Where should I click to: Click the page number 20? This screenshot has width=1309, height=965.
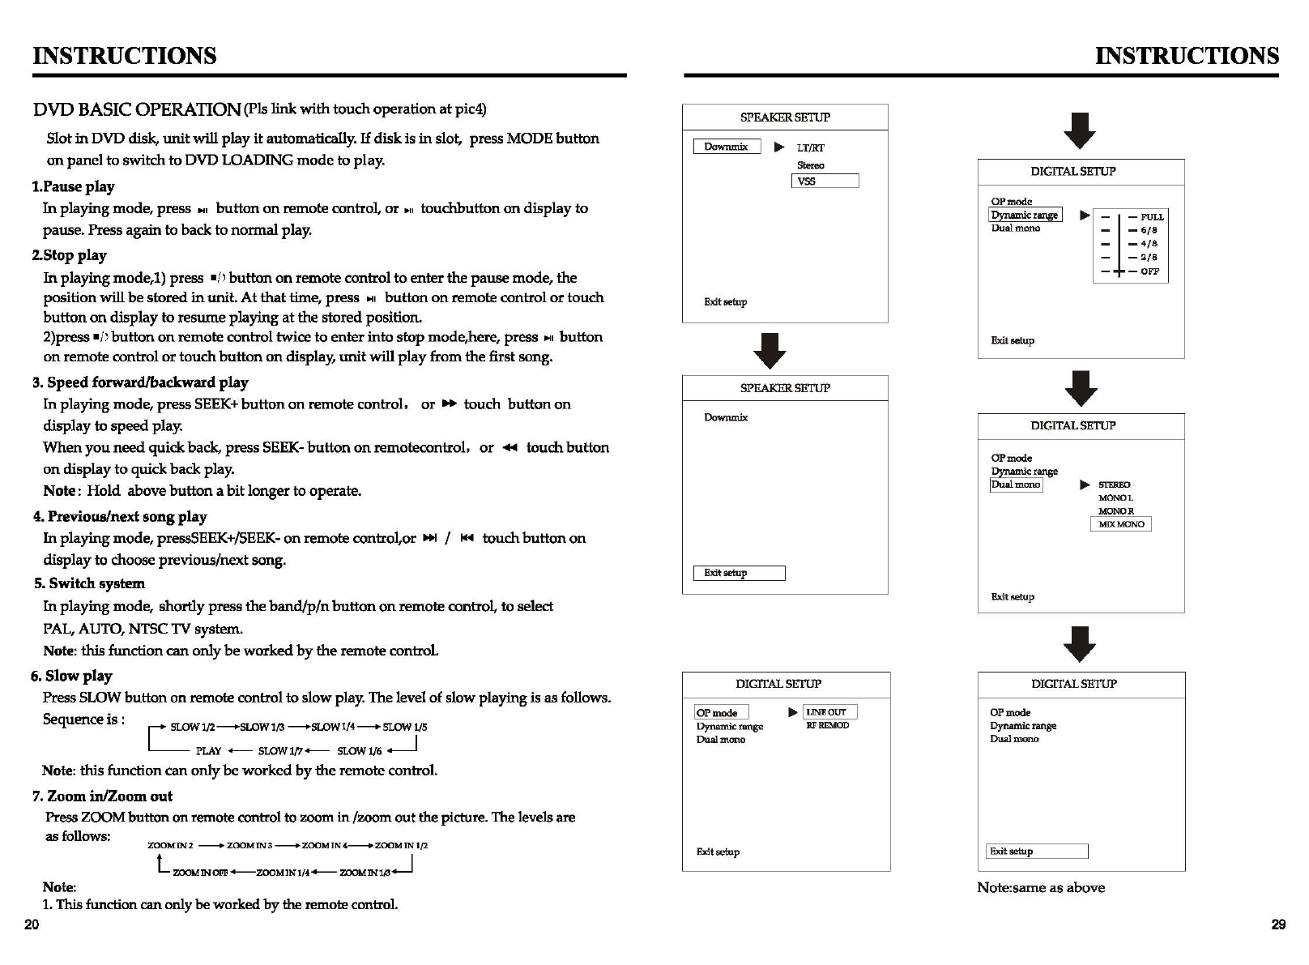point(32,924)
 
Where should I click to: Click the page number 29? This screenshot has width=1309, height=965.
point(1278,924)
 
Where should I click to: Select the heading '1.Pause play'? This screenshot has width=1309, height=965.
point(73,186)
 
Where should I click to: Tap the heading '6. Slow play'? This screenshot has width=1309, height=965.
point(71,676)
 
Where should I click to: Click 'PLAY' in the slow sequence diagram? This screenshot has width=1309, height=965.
point(208,751)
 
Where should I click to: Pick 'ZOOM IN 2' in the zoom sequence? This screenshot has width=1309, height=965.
point(170,846)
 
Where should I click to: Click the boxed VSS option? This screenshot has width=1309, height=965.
point(824,181)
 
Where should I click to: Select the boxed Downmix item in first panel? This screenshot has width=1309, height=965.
point(727,147)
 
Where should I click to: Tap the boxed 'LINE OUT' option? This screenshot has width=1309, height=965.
point(829,712)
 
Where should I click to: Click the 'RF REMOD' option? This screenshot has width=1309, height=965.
point(827,726)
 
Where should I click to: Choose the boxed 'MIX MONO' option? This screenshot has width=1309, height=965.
point(1121,524)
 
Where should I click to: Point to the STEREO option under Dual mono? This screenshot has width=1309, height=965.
point(1114,485)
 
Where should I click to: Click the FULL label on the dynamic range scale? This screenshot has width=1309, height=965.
point(1152,217)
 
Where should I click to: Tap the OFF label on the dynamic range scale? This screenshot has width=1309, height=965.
point(1149,271)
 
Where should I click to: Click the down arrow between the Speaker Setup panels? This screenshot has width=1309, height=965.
point(769,350)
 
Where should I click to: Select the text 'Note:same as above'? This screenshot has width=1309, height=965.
point(1040,888)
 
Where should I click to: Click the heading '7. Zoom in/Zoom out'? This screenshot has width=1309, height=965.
point(102,796)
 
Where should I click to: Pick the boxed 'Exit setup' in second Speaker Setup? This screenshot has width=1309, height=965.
point(738,573)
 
